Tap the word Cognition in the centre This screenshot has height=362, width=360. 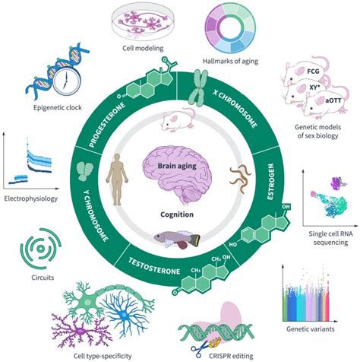click(x=179, y=214)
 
